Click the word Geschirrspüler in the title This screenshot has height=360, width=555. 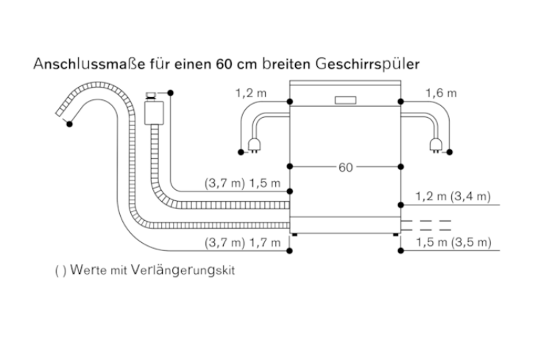[367, 65]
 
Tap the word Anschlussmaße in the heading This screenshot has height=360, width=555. [89, 64]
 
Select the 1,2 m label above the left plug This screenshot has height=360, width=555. [251, 93]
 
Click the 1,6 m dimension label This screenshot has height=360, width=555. [441, 93]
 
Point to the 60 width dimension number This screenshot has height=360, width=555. [345, 167]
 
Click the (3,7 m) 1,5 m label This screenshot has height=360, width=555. [242, 183]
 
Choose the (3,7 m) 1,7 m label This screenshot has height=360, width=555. [242, 242]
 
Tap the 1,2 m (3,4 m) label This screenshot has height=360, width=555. [453, 196]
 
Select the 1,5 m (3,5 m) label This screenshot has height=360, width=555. [453, 242]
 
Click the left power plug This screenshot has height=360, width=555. [254, 145]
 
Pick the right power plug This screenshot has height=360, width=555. [436, 145]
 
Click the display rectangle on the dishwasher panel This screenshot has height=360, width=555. [345, 100]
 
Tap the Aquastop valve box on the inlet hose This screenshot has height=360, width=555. [154, 113]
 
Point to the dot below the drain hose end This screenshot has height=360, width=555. [69, 124]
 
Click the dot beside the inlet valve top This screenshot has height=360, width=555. [170, 93]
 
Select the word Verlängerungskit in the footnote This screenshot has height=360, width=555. [183, 270]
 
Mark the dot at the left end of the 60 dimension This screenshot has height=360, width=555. [290, 166]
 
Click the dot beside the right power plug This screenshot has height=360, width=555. [450, 152]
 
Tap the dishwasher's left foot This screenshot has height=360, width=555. [295, 234]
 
